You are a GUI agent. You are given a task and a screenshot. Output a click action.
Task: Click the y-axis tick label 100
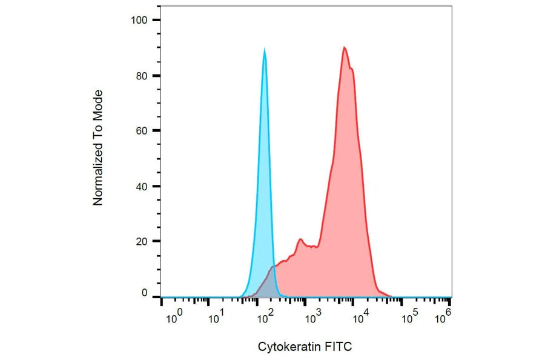click(139, 21)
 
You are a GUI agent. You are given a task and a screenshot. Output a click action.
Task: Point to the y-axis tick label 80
click(142, 76)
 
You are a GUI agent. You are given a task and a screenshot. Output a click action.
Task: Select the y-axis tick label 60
click(142, 131)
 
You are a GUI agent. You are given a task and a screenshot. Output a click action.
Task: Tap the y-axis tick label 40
click(142, 186)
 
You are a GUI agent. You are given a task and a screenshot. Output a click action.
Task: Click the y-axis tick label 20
click(142, 241)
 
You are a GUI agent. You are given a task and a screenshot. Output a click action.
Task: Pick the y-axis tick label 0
click(144, 293)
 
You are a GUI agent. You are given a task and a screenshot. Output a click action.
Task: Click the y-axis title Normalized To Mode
click(98, 147)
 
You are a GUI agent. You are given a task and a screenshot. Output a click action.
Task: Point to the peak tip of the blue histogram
click(265, 49)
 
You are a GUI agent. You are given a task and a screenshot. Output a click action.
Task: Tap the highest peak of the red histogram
click(344, 47)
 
